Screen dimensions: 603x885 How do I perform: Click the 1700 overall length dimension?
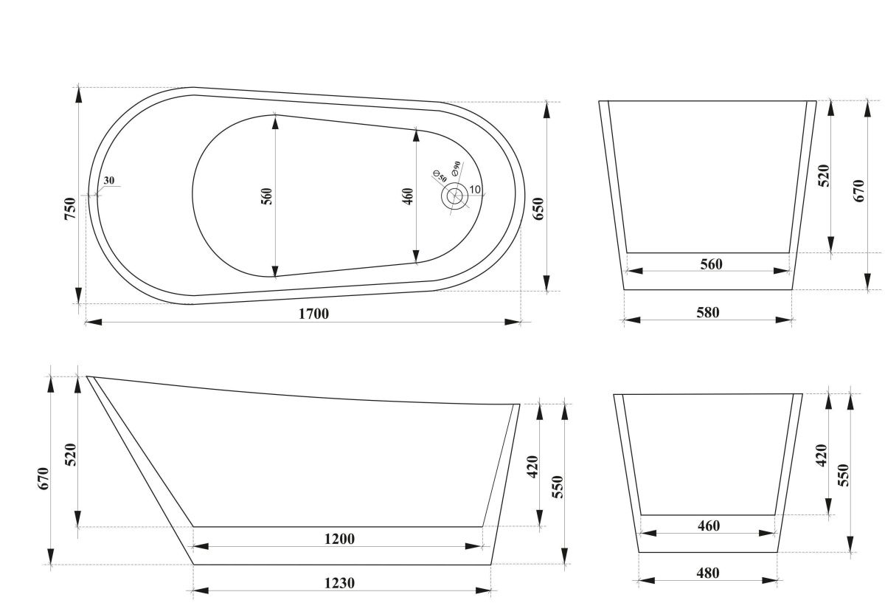[313, 314]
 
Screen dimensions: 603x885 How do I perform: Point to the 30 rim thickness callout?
[109, 181]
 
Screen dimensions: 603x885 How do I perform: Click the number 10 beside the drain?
[475, 190]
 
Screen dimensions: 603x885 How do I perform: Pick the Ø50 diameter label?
[437, 174]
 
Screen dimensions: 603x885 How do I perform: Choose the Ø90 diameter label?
[454, 168]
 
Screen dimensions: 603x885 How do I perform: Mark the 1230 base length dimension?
[339, 583]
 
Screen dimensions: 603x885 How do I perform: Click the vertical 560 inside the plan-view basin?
[267, 196]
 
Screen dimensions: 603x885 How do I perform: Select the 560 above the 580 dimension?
[709, 264]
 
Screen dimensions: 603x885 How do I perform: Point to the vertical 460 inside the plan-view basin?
[409, 196]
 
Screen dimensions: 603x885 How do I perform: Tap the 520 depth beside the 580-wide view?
[824, 178]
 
